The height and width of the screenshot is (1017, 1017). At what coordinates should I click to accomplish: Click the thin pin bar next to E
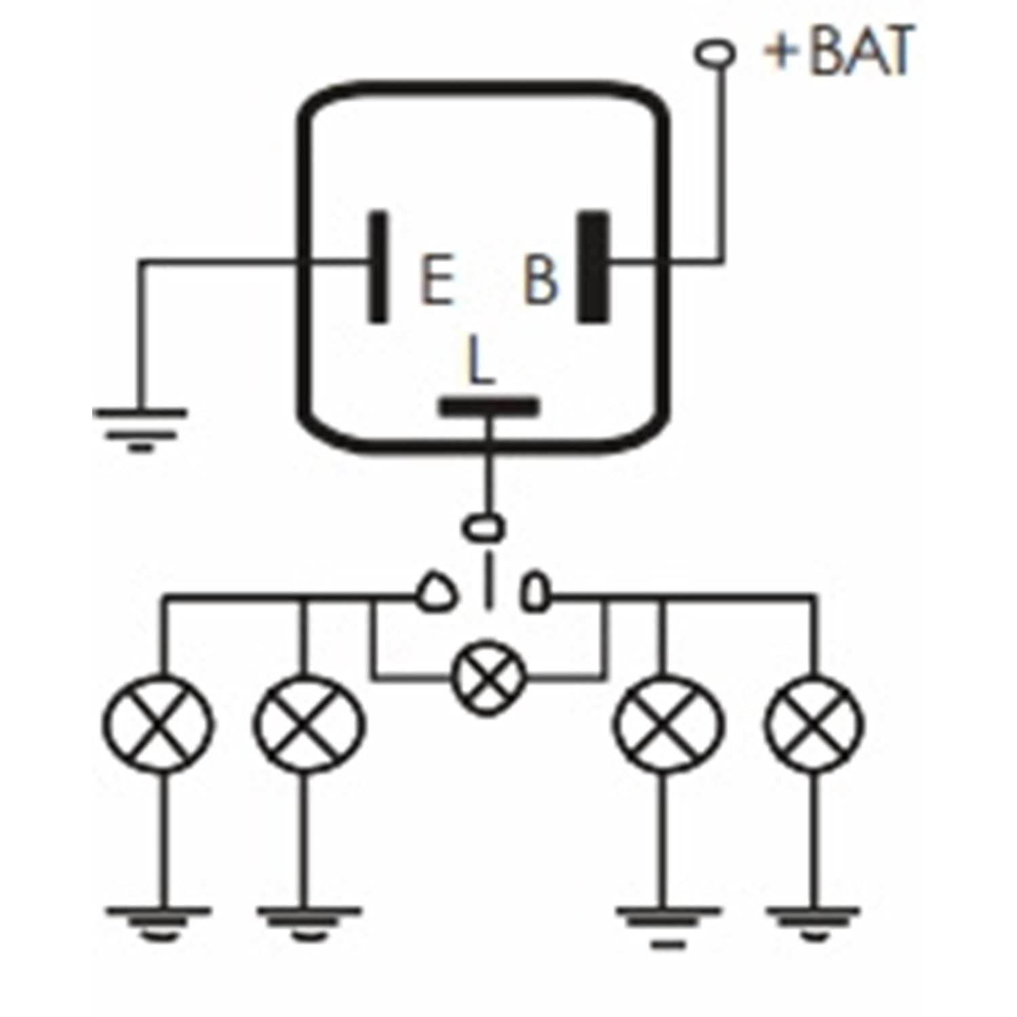(378, 266)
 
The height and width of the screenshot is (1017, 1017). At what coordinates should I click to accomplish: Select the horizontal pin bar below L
(489, 407)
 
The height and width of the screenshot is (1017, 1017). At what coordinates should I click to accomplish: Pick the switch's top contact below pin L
(483, 527)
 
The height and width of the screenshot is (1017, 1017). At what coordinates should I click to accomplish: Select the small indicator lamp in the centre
(489, 675)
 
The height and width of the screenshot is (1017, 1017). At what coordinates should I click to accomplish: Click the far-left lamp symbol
(157, 723)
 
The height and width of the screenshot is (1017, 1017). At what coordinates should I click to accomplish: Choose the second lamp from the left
(308, 723)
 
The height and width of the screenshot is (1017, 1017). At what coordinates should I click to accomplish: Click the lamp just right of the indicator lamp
(667, 723)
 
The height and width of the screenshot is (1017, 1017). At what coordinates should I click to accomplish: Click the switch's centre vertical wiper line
(487, 580)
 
